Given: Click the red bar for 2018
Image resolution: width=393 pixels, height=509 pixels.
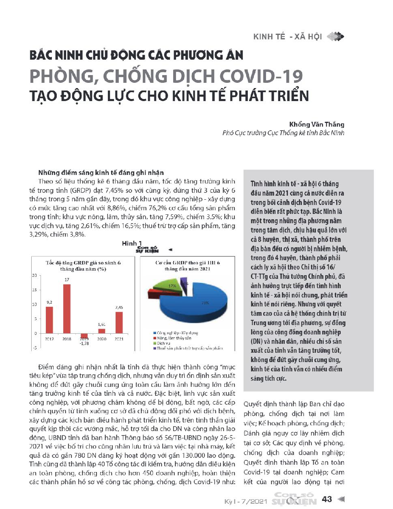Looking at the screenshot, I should [67, 308].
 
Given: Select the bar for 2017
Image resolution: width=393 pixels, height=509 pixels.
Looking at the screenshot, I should [49, 320].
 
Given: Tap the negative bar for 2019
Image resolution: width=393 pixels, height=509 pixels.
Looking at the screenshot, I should [84, 335].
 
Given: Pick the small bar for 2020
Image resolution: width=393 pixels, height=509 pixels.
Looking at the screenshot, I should [102, 331].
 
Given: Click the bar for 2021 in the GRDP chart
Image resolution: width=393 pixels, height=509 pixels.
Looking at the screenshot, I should [119, 322].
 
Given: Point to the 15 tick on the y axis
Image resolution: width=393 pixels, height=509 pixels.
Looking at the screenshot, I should [34, 290].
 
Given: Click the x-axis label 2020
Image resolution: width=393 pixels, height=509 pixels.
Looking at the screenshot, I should [102, 339].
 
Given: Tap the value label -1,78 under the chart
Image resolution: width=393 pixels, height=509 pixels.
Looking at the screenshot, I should [84, 343].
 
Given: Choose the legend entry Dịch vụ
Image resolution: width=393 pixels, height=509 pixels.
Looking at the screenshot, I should [163, 343].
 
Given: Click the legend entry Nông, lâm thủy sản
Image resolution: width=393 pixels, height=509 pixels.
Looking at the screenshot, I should [174, 338].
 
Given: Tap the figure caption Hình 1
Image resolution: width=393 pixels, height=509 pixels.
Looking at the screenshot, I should [132, 243].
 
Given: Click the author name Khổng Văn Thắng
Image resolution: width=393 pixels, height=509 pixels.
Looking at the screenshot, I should [316, 124].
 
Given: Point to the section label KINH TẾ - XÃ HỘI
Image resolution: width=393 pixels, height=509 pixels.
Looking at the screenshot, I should [288, 37].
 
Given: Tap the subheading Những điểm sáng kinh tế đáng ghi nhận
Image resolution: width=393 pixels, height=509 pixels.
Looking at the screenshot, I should [101, 173].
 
